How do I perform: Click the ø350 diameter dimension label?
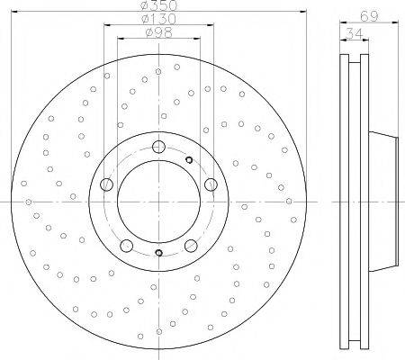(159, 5)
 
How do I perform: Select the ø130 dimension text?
(158, 19)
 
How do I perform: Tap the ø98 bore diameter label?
(158, 32)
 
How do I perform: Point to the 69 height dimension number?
(369, 16)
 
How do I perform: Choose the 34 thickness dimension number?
(354, 33)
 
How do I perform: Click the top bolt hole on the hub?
(158, 147)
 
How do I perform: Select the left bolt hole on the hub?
(106, 184)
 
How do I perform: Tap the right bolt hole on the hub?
(211, 184)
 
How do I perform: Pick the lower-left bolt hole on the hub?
(126, 246)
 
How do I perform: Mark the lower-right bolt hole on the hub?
(191, 246)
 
